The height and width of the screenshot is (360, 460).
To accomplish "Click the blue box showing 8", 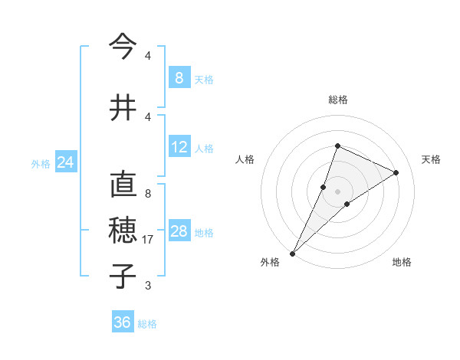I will (x=179, y=77).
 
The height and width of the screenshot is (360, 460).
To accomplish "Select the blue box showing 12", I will (x=179, y=147).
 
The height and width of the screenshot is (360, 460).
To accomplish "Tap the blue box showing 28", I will (x=179, y=231).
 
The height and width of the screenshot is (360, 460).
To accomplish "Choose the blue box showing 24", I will (x=66, y=162).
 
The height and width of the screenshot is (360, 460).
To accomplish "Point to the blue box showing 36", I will (x=123, y=322).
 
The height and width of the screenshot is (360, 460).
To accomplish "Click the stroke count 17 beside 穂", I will (x=148, y=240).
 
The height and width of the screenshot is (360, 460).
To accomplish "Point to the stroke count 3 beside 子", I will (x=148, y=286).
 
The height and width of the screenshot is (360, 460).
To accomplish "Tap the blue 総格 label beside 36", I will (x=147, y=324).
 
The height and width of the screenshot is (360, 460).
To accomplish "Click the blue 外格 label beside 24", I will (x=41, y=164).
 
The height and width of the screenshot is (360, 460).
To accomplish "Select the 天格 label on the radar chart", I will (x=431, y=159).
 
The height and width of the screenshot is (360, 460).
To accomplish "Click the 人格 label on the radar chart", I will (x=245, y=159).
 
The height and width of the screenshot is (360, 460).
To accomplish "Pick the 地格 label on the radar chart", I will (x=402, y=262).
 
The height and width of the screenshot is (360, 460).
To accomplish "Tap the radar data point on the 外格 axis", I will (x=292, y=253).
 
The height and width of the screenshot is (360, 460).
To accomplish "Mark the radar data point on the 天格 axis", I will (x=396, y=172).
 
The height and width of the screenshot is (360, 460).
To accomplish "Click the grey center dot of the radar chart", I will (x=337, y=191).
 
